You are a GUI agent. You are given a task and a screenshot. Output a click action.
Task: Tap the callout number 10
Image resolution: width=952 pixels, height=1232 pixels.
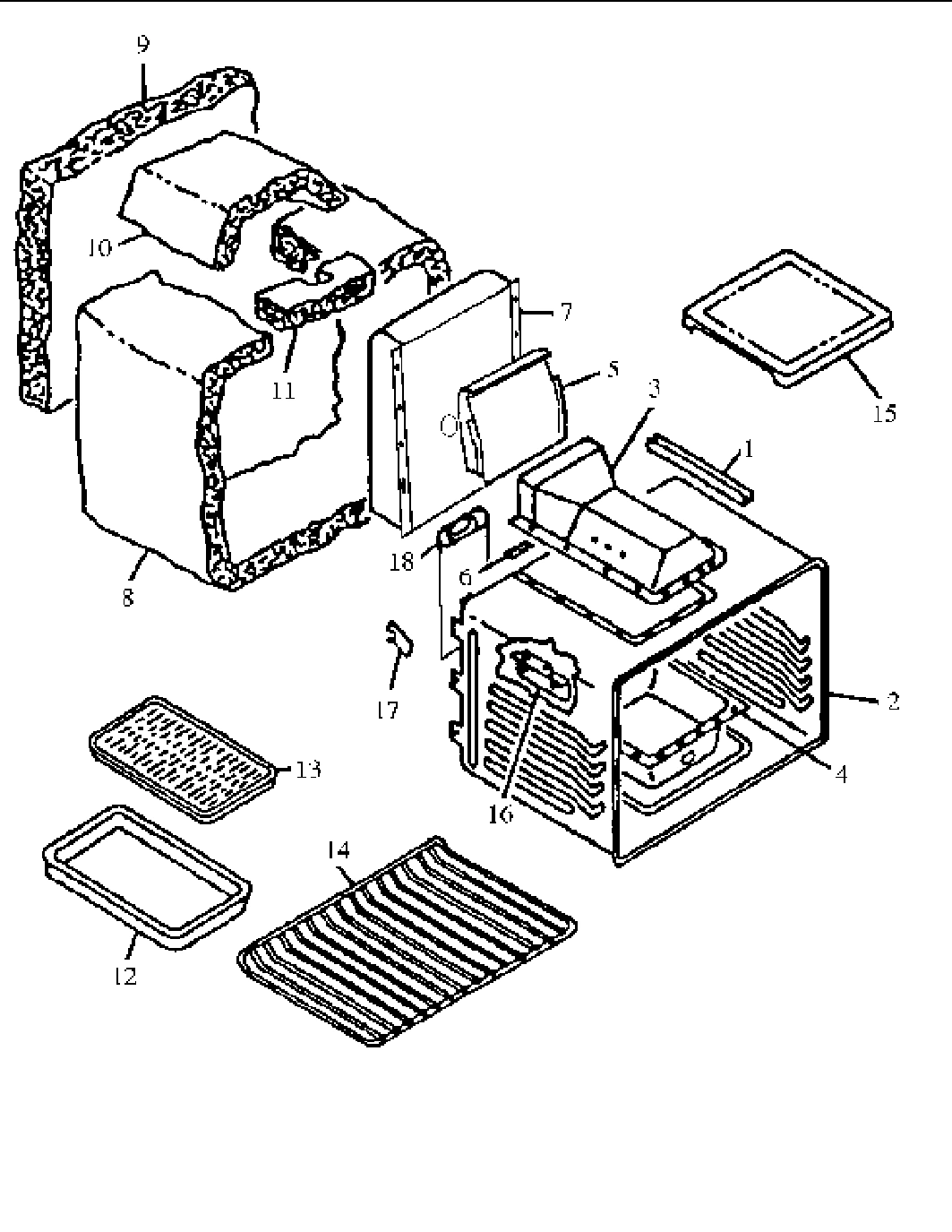[x=100, y=247]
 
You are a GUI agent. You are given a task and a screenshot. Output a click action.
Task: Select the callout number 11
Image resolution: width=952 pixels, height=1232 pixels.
[x=284, y=392]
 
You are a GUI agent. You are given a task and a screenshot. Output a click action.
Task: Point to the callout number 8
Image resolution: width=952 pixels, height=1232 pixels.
[x=128, y=598]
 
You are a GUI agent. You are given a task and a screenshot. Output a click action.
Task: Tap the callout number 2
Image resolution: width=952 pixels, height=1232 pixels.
[x=892, y=701]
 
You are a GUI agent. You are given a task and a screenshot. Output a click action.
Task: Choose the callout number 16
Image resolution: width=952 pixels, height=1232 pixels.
[x=501, y=814]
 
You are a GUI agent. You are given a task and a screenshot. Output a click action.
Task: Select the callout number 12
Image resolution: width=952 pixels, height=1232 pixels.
[x=125, y=976]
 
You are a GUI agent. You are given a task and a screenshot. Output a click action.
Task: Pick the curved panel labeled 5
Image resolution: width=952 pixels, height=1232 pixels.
[x=510, y=412]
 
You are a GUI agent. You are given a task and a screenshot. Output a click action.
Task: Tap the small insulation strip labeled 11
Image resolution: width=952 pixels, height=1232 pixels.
[x=313, y=298]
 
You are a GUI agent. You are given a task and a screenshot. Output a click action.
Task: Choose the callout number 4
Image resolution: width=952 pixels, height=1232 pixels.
[x=840, y=773]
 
